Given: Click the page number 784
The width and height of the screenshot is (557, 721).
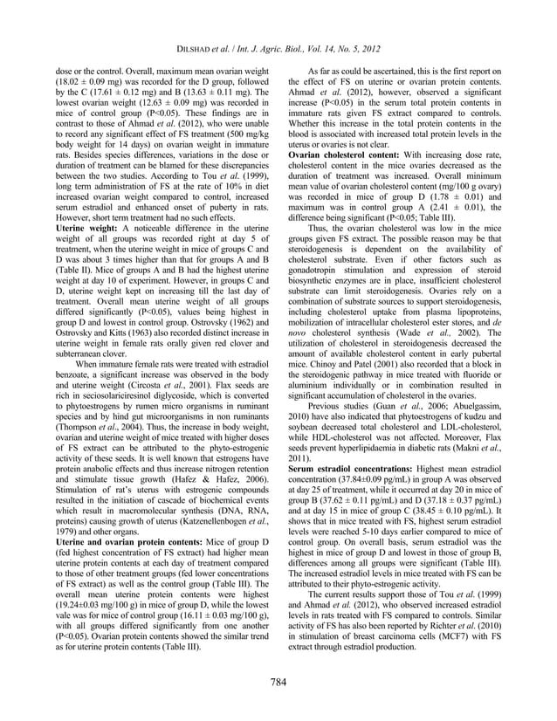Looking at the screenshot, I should (278, 681).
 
